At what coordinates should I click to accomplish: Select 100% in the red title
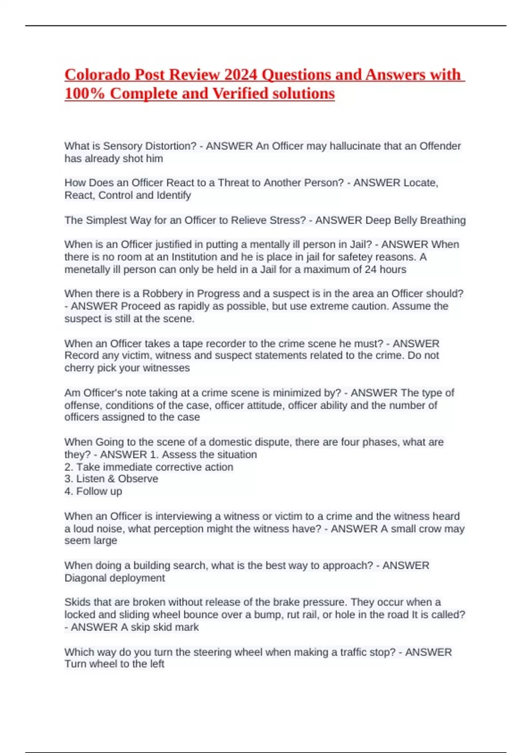(x=85, y=93)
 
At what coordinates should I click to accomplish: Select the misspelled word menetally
(x=87, y=269)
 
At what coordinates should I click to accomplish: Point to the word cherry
(x=78, y=368)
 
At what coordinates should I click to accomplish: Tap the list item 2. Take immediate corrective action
(x=149, y=467)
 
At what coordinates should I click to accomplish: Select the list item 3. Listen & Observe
(x=111, y=479)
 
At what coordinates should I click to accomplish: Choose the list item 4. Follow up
(x=93, y=491)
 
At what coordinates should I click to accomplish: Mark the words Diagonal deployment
(x=114, y=578)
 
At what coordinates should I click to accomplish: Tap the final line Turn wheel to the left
(x=114, y=664)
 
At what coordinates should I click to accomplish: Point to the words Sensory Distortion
(x=149, y=146)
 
